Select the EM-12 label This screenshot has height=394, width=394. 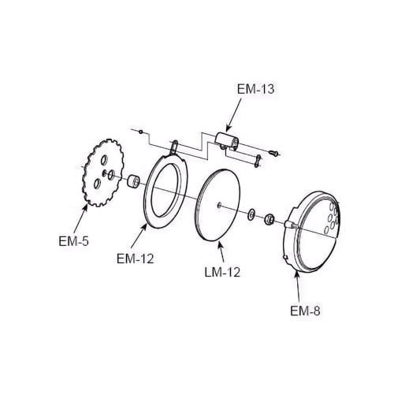coord(134,256)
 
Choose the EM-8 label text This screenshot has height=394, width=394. coord(307,310)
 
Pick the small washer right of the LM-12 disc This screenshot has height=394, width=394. coord(250,213)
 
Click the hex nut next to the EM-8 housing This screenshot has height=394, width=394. coord(268,217)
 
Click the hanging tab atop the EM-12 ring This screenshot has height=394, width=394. coord(173,147)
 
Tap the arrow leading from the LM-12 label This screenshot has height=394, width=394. coord(221,251)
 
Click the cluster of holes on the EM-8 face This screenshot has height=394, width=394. coord(331,217)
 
